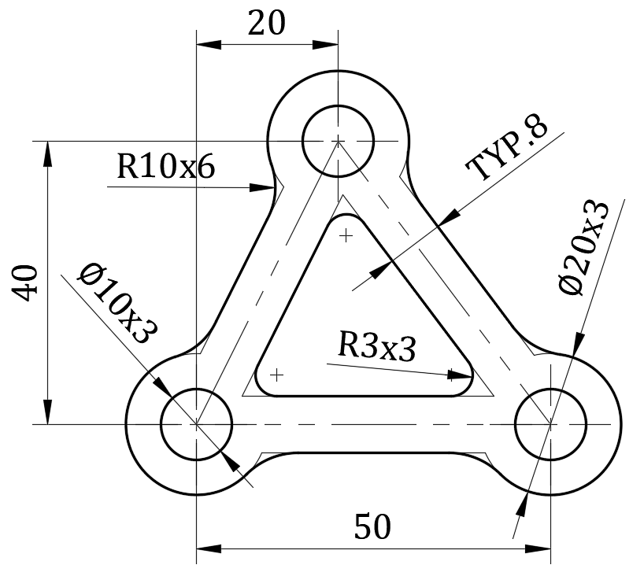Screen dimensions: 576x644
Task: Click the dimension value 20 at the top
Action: [x=266, y=24]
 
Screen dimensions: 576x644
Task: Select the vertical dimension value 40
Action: [x=26, y=282]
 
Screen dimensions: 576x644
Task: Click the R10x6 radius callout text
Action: [x=165, y=167]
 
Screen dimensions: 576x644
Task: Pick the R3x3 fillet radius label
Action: [x=376, y=346]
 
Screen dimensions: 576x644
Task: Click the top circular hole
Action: [x=338, y=140]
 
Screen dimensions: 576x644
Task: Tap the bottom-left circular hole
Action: [x=196, y=423]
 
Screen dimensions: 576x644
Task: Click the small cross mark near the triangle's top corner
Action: [x=346, y=234]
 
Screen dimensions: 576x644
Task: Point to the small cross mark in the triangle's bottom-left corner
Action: [x=276, y=375]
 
